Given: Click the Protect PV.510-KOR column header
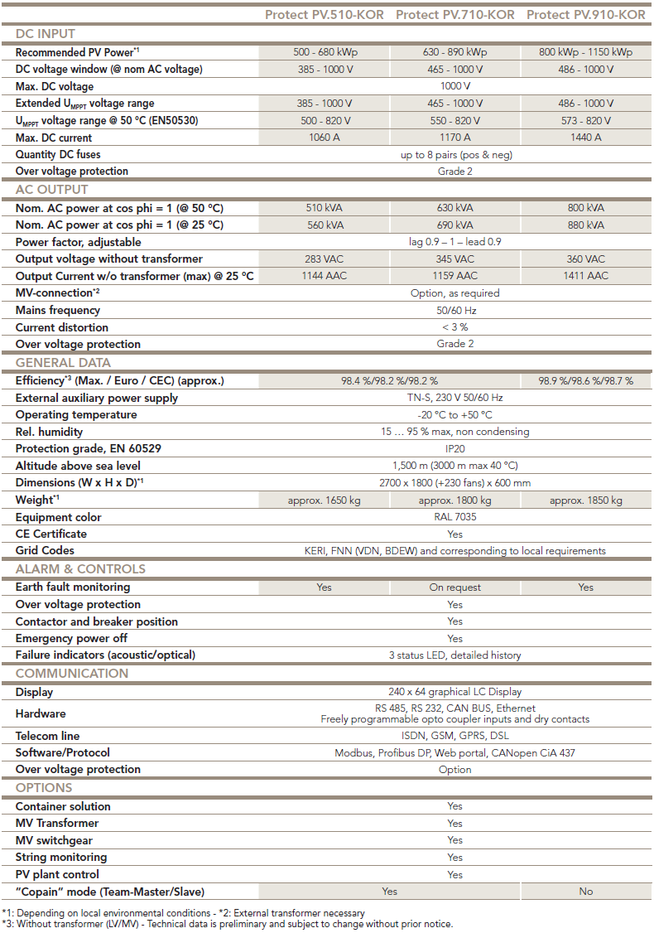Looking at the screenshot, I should [x=325, y=15].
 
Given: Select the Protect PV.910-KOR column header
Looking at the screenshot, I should [x=586, y=15].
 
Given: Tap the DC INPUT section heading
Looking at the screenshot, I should [x=46, y=34].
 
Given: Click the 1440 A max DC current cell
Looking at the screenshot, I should [x=586, y=138].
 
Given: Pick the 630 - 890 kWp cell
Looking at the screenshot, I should [x=454, y=52].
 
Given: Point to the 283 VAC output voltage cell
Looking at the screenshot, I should [x=325, y=259].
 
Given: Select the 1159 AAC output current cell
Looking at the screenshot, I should [x=454, y=276].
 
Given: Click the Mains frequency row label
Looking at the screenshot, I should [x=58, y=310].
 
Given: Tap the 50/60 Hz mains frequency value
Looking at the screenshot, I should [x=454, y=310].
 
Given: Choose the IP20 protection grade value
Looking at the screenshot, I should [x=454, y=448].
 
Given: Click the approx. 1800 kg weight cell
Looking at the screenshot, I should [x=454, y=500].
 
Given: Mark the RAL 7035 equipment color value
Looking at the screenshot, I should [x=454, y=517].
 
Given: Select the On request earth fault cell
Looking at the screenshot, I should [x=454, y=587].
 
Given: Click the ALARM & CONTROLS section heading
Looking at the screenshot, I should [x=80, y=569].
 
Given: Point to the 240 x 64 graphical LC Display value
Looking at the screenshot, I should [x=454, y=692].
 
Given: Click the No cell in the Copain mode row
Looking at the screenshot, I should [x=586, y=892].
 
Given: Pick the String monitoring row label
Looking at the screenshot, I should [x=61, y=857].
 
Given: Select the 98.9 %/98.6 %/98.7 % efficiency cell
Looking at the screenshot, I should [x=586, y=381].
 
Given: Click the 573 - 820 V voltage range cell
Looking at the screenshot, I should [x=586, y=121].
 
